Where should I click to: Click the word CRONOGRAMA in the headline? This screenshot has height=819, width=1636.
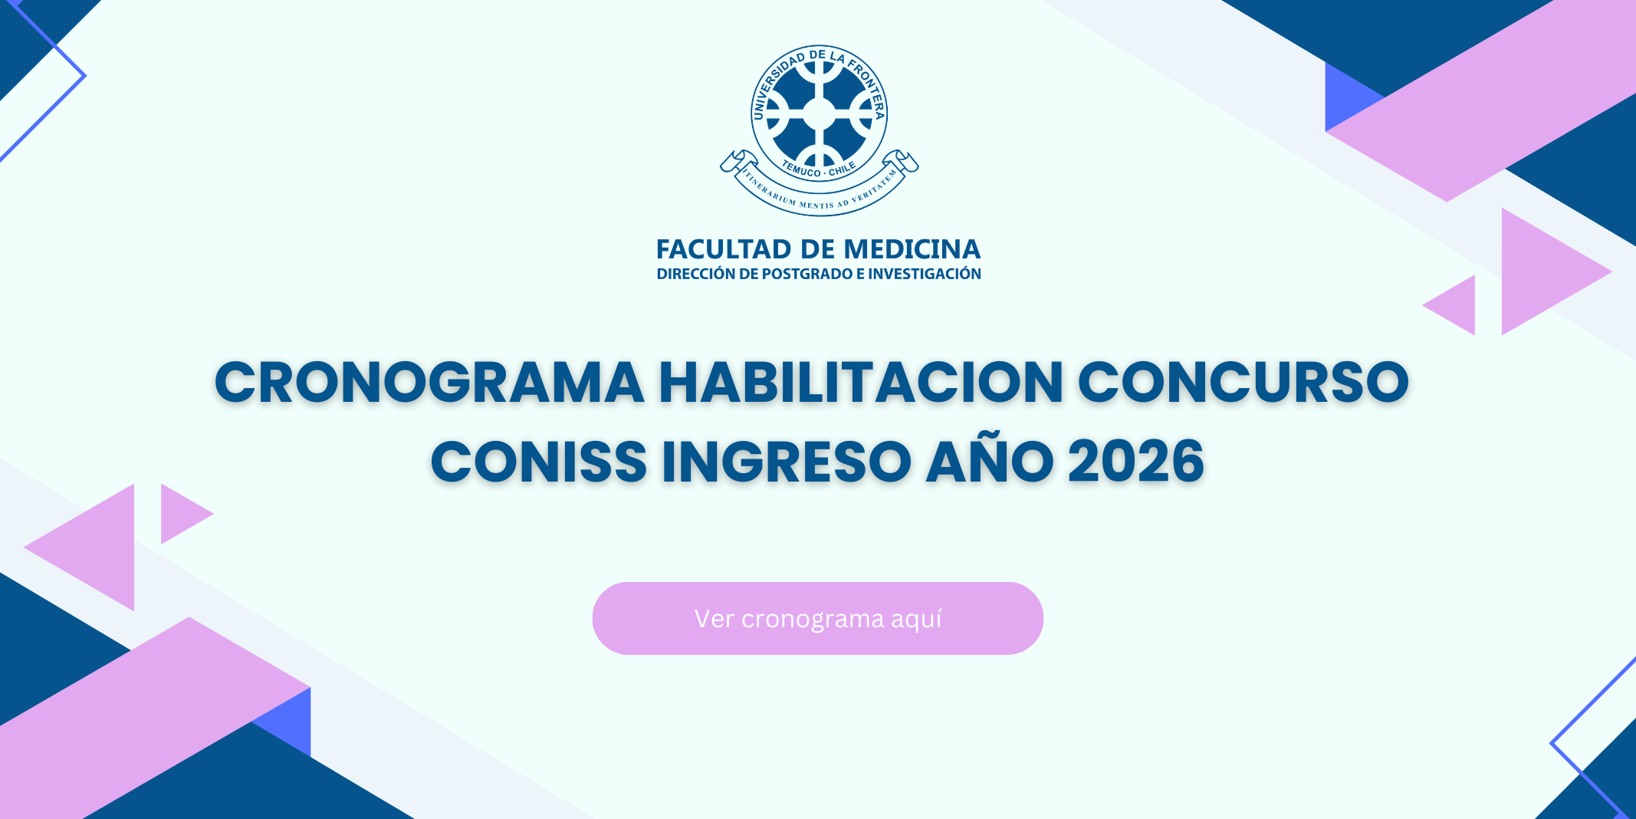[x=429, y=382]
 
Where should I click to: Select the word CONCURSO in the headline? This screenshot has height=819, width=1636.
[x=1243, y=382]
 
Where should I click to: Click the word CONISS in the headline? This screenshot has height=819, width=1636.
[x=539, y=462]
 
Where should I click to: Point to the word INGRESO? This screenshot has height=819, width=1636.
[x=786, y=462]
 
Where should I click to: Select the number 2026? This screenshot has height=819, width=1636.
[x=1136, y=462]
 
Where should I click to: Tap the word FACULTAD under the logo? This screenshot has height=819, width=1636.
[x=724, y=249]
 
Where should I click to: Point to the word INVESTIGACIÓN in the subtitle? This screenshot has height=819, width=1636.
[x=925, y=273]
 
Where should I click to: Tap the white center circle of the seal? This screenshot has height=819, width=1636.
[x=819, y=114]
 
